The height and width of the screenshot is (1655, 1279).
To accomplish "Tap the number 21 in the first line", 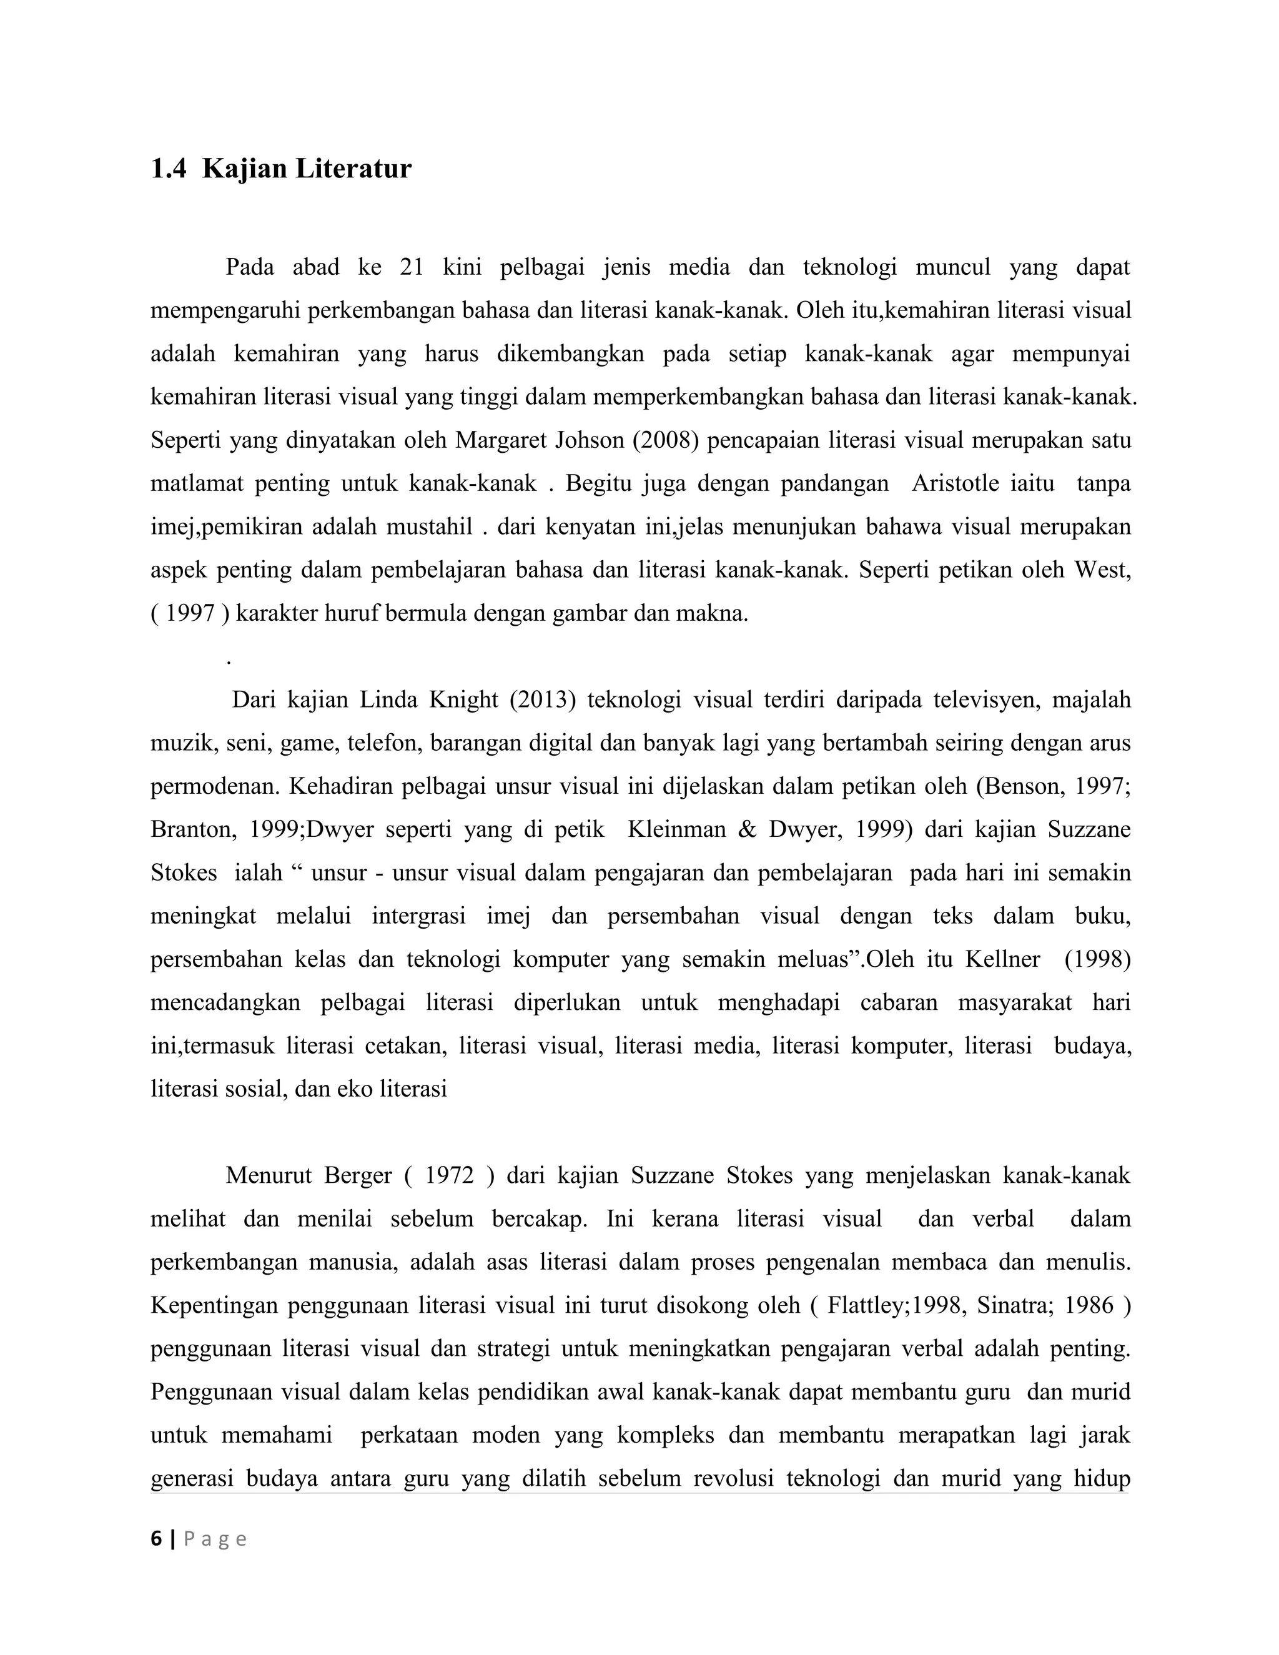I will pos(411,267).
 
